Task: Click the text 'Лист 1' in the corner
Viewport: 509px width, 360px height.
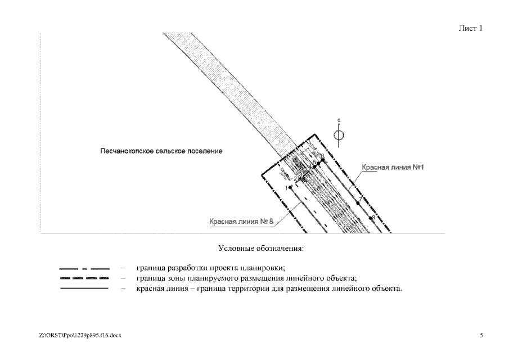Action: (x=471, y=28)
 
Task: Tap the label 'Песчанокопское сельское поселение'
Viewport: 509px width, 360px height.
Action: (x=161, y=151)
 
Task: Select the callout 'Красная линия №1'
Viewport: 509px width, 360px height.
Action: (x=392, y=168)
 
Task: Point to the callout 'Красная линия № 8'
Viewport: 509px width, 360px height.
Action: (x=241, y=222)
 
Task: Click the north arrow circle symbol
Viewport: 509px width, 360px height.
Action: (x=338, y=135)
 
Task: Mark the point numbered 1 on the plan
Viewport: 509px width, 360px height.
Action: (x=290, y=187)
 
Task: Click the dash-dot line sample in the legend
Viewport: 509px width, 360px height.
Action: (x=84, y=268)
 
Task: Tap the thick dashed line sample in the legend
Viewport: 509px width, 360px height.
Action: (x=84, y=278)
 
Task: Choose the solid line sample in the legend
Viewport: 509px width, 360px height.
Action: (x=84, y=289)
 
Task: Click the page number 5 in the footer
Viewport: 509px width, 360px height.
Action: (x=481, y=335)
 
